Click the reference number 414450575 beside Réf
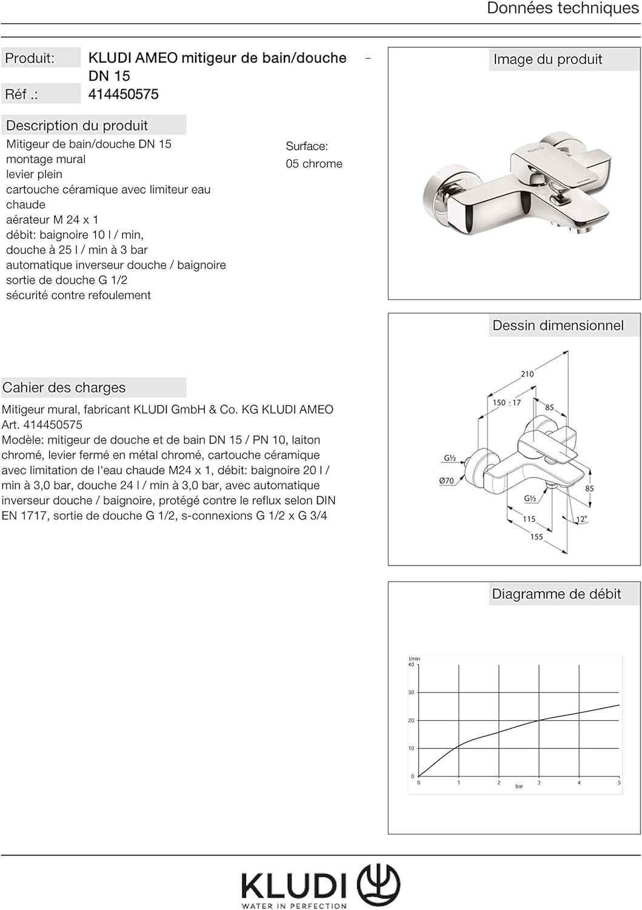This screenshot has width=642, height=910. click(124, 94)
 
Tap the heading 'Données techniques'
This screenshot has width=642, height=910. click(563, 8)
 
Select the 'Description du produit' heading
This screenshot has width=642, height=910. click(77, 126)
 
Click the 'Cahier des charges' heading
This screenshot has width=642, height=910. click(64, 388)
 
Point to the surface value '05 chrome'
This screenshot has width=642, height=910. click(314, 164)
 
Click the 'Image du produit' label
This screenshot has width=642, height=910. click(547, 59)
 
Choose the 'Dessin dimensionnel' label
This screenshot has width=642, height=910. click(558, 326)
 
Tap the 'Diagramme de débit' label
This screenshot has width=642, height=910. click(557, 595)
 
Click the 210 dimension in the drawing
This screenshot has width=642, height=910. click(527, 374)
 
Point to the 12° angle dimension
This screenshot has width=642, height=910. click(581, 519)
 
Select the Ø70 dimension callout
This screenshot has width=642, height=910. click(446, 481)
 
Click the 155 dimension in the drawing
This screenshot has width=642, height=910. click(537, 537)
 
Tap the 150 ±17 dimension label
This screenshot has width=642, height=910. click(506, 403)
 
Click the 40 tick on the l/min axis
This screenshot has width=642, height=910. click(411, 665)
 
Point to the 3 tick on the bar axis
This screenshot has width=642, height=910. click(539, 783)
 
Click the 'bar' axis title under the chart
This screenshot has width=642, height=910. click(519, 786)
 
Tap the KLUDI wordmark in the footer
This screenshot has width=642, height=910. click(294, 886)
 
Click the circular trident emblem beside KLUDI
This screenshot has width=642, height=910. click(378, 885)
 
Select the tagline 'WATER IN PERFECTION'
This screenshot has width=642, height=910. click(294, 906)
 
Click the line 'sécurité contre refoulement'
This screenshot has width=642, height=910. click(78, 295)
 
